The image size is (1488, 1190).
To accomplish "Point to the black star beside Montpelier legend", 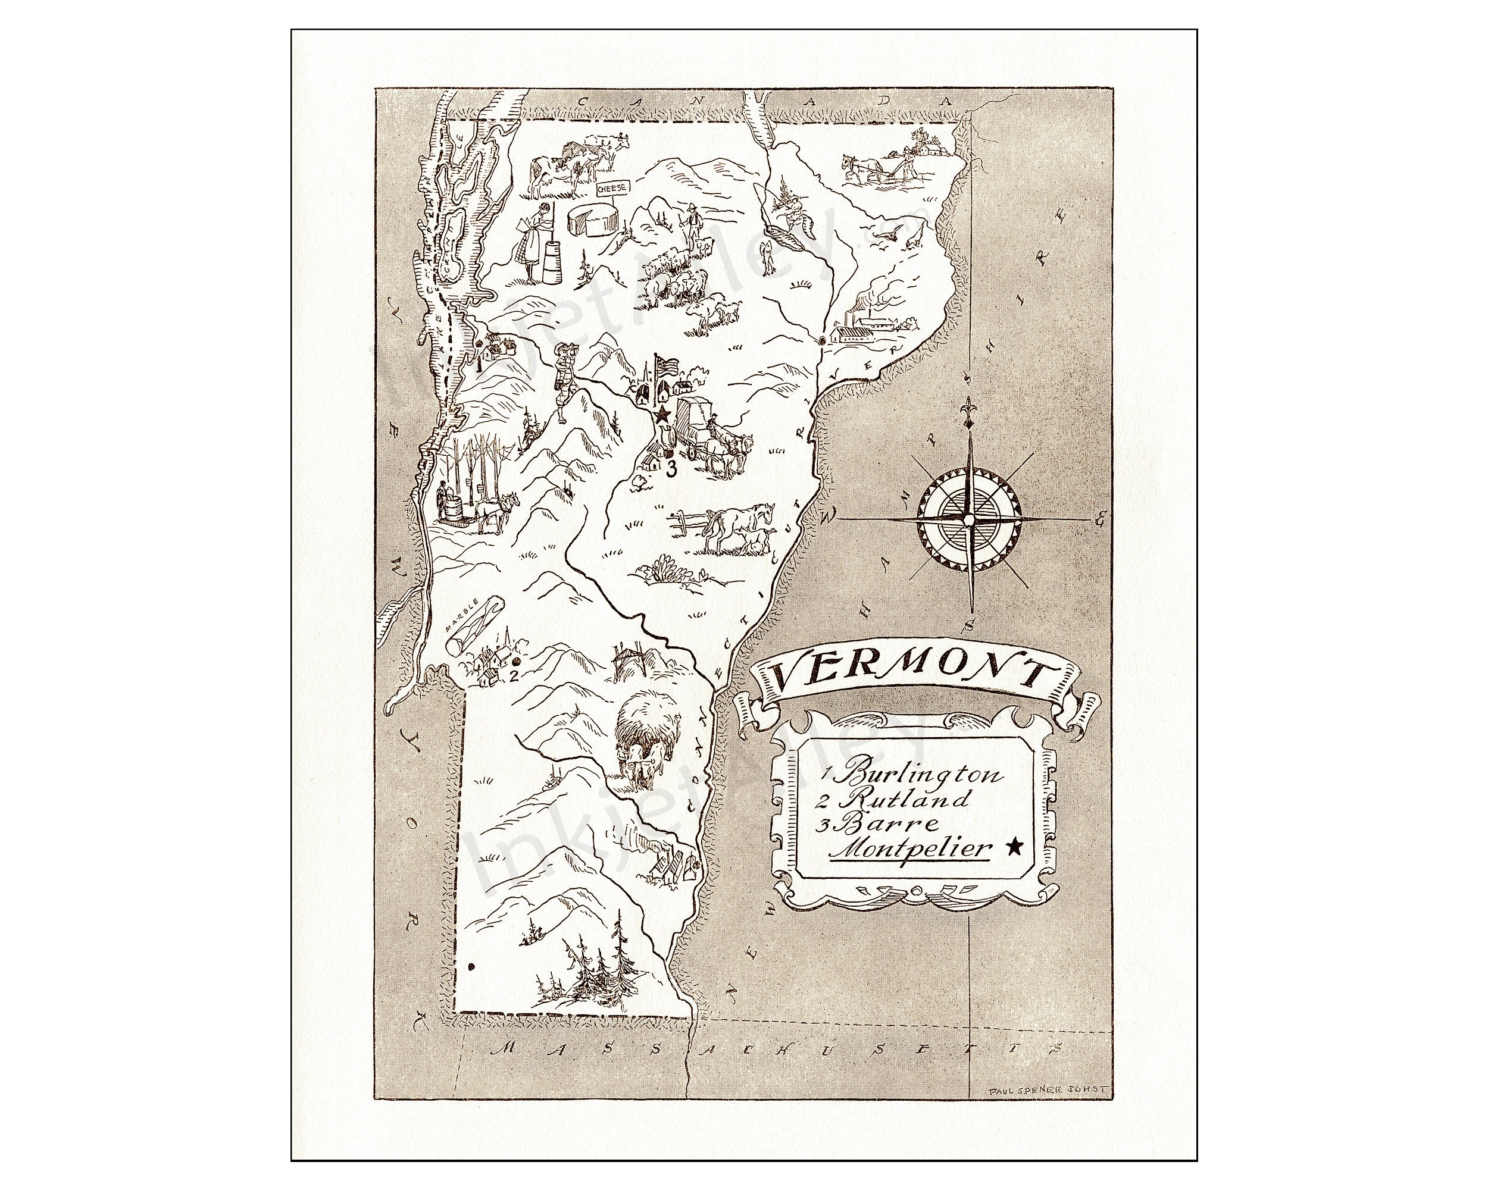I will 1014,848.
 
